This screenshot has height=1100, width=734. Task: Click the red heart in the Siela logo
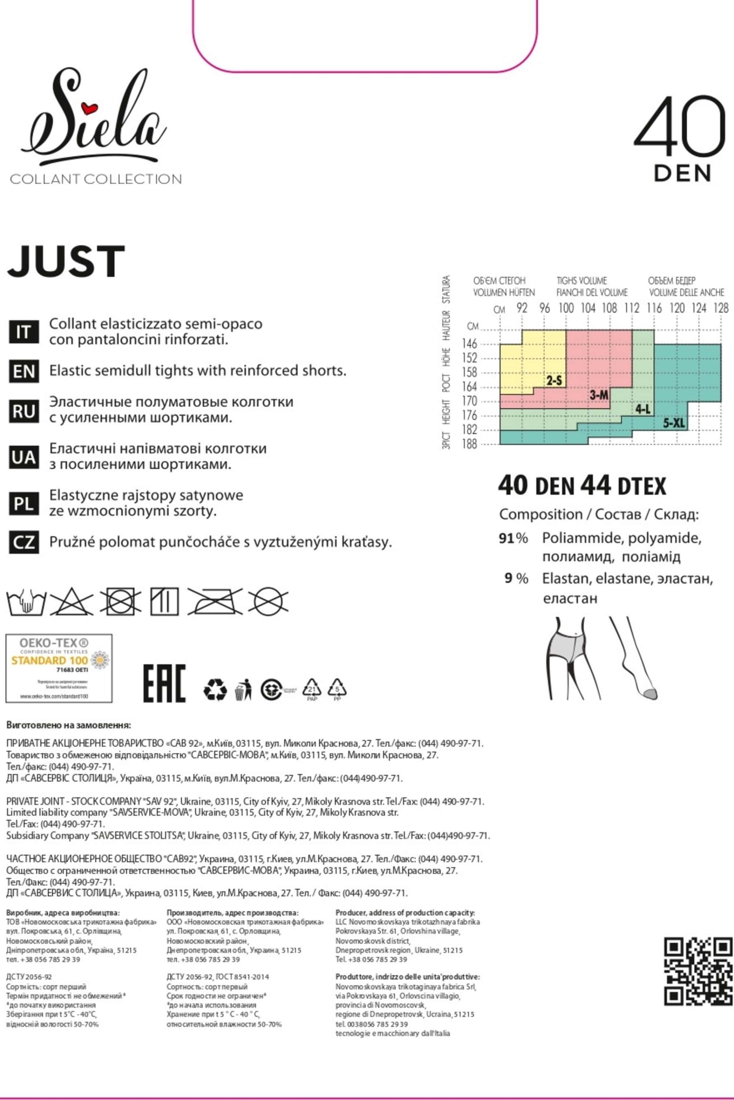click(88, 109)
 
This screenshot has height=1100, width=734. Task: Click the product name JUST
click(66, 261)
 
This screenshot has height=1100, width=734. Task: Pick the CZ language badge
click(23, 542)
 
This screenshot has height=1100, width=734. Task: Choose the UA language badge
click(23, 457)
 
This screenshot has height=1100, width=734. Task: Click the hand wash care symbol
click(26, 602)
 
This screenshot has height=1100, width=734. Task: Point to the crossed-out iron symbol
click(215, 601)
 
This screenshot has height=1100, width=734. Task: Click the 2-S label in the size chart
click(554, 381)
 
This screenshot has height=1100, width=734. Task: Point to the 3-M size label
click(599, 396)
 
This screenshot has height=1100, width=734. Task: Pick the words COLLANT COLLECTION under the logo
click(96, 179)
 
